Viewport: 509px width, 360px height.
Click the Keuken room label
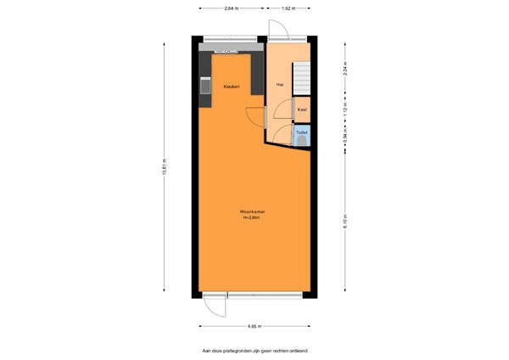[x=231, y=87]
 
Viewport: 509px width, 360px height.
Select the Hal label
[x=279, y=84]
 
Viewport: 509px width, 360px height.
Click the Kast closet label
[x=302, y=110]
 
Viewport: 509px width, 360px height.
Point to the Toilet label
[x=301, y=132]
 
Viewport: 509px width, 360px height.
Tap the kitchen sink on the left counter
[x=204, y=85]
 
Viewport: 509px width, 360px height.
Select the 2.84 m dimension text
[x=230, y=8]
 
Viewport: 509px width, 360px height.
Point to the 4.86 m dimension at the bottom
[x=253, y=326]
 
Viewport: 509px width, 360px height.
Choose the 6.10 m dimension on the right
[x=345, y=224]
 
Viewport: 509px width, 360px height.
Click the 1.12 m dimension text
[x=345, y=110]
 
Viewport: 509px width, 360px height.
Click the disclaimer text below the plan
[x=255, y=350]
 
